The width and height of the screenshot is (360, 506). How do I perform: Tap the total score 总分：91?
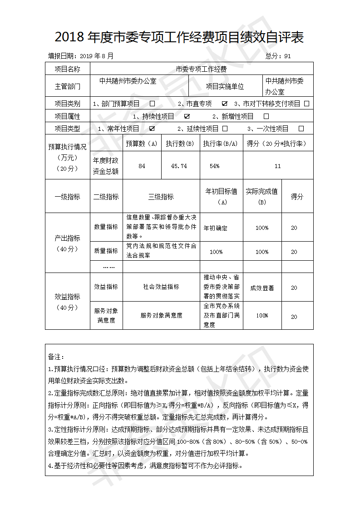pyautogui.click(x=278, y=56)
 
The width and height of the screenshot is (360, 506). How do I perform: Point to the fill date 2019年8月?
pyautogui.click(x=97, y=56)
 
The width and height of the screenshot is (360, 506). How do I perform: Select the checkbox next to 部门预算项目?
pyautogui.click(x=152, y=104)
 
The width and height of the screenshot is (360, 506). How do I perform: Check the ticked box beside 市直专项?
pyautogui.click(x=225, y=104)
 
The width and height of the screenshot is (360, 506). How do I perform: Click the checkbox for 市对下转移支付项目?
pyautogui.click(x=307, y=104)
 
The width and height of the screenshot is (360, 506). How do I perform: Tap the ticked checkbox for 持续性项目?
pyautogui.click(x=187, y=116)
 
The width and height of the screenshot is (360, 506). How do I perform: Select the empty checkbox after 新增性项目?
pyautogui.click(x=266, y=116)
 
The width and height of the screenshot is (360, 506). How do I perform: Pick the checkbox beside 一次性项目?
pyautogui.click(x=301, y=129)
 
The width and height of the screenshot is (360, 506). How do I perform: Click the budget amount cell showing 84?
pyautogui.click(x=142, y=166)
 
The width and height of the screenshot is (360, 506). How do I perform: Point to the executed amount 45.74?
pyautogui.click(x=179, y=166)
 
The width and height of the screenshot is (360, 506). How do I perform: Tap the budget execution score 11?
pyautogui.click(x=277, y=166)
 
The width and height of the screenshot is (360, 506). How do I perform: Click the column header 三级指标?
pyautogui.click(x=161, y=197)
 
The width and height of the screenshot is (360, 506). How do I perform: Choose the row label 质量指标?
pyautogui.click(x=106, y=251)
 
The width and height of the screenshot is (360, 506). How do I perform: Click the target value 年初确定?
pyautogui.click(x=215, y=228)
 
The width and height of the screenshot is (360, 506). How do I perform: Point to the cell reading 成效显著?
pyautogui.click(x=262, y=288)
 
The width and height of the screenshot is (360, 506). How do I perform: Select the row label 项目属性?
pyautogui.click(x=67, y=116)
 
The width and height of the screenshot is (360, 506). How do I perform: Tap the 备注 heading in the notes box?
pyautogui.click(x=56, y=357)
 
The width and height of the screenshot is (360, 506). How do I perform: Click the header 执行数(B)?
pyautogui.click(x=180, y=144)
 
